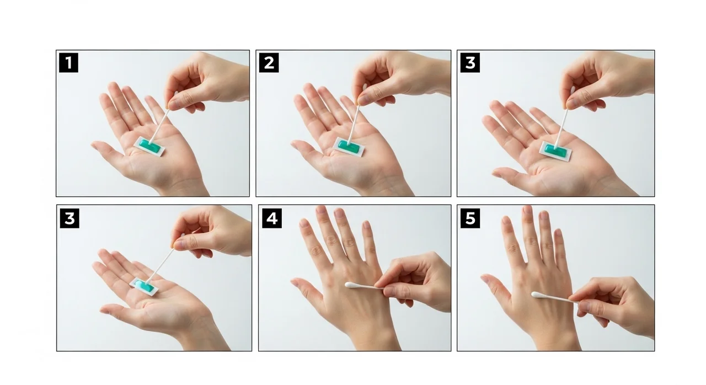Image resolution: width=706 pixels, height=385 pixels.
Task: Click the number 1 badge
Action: pos(68,63)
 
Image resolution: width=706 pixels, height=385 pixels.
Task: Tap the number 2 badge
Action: pos(269,63)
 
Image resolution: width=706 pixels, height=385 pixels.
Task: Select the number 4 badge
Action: pos(272,218)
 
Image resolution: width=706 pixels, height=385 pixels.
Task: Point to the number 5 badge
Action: pos(470,218)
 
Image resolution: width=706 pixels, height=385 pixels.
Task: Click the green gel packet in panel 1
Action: pos(149,147)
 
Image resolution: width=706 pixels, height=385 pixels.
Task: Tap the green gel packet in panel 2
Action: pos(349,147)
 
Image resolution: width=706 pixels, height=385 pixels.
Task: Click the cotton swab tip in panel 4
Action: pos(350,285)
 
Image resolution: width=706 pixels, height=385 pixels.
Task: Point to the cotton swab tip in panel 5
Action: pos(537,295)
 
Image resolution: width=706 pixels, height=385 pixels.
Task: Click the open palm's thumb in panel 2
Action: pos(307,149)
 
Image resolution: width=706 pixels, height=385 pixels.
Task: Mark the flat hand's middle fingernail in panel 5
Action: pos(527,211)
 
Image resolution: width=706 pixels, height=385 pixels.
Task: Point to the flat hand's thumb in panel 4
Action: pos(307,291)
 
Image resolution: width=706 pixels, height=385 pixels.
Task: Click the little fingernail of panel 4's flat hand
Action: pos(366,224)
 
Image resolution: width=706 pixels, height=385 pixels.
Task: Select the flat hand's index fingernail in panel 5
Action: pos(506,220)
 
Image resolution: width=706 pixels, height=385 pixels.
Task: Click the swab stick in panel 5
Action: pos(557,298)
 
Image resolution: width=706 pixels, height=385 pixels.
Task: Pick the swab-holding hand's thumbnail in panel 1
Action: pos(173,105)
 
